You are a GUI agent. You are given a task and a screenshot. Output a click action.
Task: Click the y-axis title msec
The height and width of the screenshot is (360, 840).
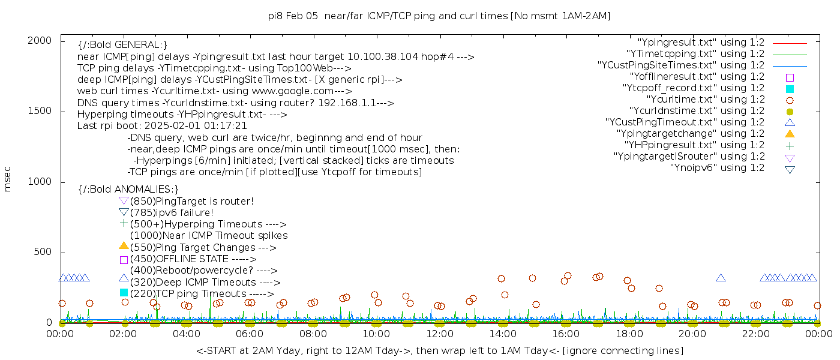click(8, 181)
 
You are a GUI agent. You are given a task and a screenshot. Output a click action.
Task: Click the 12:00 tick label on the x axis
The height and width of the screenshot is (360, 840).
click(439, 334)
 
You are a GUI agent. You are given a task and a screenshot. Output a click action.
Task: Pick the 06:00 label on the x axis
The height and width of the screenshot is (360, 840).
click(250, 334)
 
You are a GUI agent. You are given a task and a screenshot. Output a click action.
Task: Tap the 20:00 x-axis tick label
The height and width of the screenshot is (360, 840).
click(692, 334)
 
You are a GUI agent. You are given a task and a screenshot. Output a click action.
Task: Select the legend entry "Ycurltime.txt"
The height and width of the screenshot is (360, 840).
click(705, 100)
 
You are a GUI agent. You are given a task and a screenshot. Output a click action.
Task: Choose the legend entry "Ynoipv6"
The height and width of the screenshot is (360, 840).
click(717, 168)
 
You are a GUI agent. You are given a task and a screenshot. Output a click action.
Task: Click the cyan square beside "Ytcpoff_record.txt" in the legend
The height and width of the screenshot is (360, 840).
click(790, 89)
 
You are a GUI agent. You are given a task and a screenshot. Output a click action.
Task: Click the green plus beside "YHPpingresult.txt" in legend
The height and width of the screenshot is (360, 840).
click(790, 145)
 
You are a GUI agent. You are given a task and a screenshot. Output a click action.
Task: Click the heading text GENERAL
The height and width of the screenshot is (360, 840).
click(122, 45)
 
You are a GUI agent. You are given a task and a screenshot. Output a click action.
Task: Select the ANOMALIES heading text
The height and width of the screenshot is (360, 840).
click(128, 190)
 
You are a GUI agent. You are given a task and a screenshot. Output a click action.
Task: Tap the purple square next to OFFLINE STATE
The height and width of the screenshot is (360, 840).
click(124, 260)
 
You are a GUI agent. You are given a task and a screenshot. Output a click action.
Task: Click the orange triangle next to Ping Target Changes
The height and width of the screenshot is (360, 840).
click(124, 245)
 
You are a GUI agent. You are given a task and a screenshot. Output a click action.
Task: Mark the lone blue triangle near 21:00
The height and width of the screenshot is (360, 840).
click(721, 278)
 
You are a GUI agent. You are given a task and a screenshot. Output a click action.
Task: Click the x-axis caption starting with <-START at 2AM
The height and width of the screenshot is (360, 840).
click(439, 350)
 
